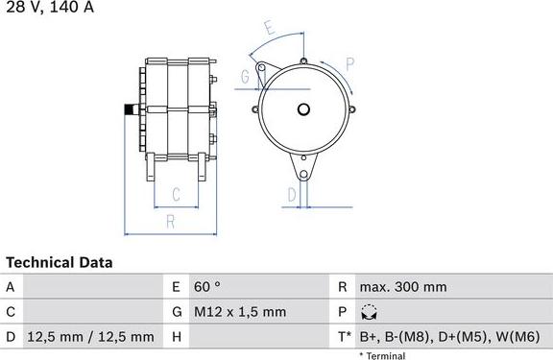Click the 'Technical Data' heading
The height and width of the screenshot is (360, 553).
[60, 262]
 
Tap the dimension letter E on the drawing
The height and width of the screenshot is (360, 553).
[271, 29]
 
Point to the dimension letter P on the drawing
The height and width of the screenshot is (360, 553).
[349, 65]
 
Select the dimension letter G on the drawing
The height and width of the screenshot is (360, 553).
[246, 76]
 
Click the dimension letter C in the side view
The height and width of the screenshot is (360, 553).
[176, 195]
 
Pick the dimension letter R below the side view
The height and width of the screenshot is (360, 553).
[170, 221]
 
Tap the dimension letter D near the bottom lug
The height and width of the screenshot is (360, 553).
[292, 194]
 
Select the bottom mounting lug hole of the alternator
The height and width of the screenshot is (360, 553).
[304, 175]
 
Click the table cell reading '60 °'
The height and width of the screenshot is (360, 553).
[208, 287]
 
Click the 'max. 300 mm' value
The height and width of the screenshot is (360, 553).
[402, 287]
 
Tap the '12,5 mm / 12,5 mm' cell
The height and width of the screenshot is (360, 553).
[90, 337]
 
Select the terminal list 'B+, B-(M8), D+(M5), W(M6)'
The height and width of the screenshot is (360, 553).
[451, 337]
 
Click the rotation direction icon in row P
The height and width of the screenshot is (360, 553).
[370, 312]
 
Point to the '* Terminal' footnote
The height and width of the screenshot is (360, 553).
[382, 355]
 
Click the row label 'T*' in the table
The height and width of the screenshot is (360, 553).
[343, 337]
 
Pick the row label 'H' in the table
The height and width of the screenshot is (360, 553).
[177, 337]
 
